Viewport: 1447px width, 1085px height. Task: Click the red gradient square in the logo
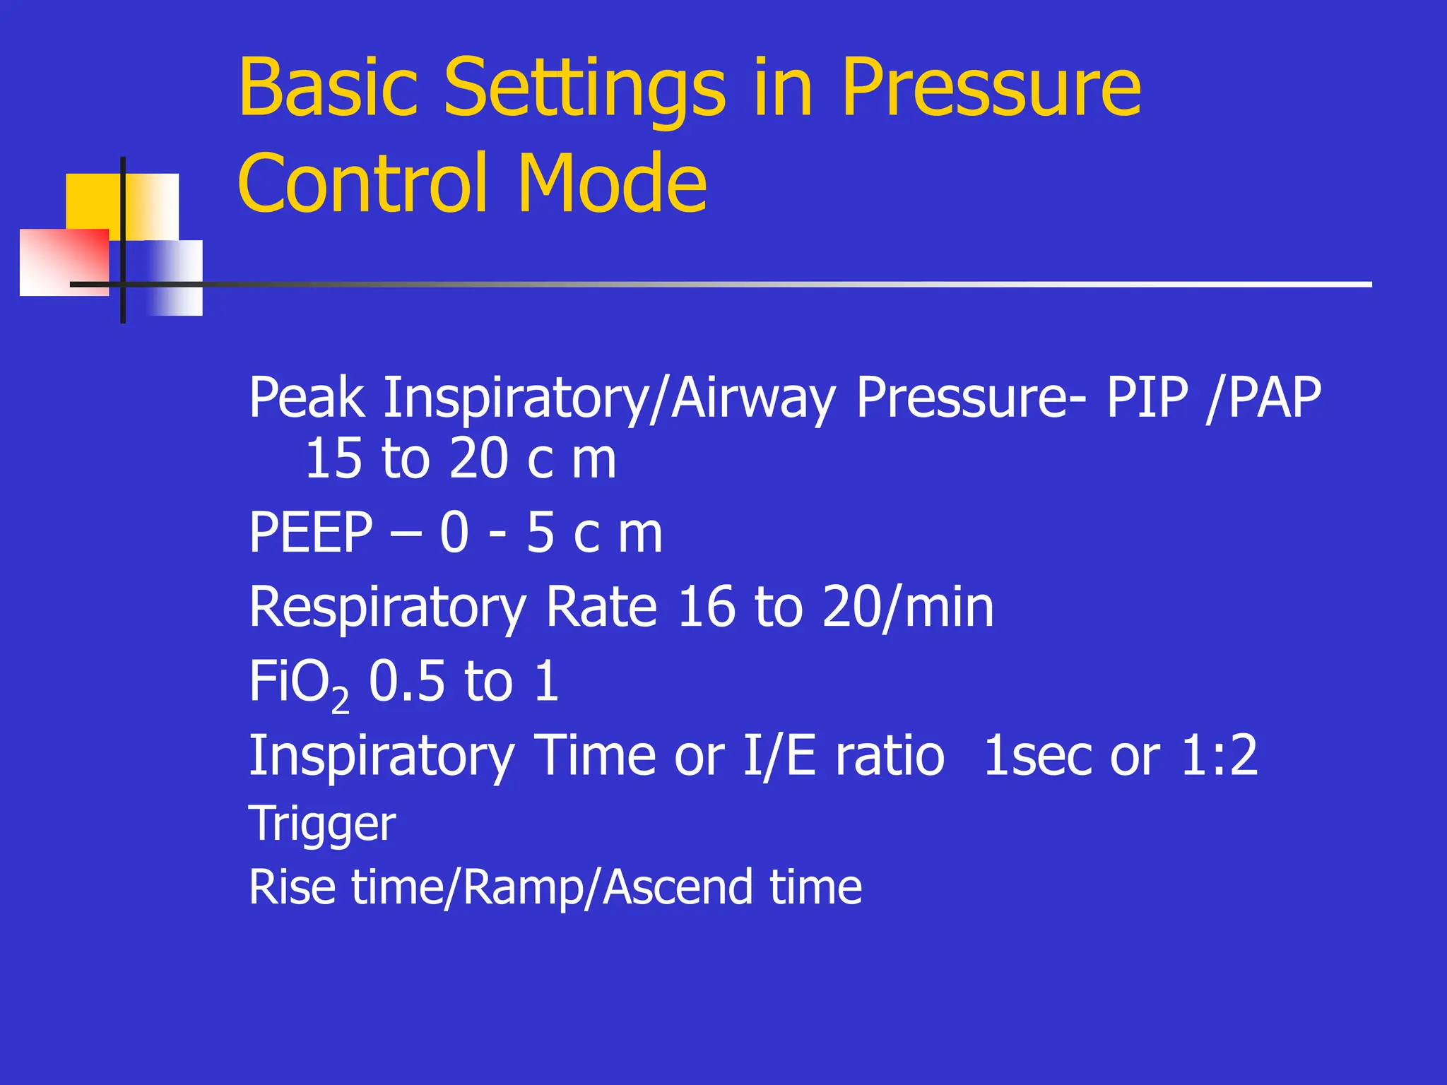point(64,261)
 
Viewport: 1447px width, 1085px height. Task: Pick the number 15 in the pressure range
point(332,459)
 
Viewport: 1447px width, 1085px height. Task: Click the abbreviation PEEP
point(311,533)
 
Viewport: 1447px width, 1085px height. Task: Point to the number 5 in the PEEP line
point(541,533)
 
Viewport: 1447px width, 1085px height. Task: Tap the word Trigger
point(322,824)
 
